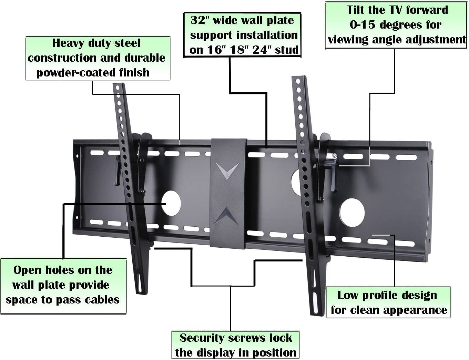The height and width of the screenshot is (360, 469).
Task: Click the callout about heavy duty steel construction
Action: tap(98, 58)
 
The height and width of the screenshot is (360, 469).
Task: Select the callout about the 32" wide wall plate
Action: tap(242, 35)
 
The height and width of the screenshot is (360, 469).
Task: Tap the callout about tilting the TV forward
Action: tap(396, 25)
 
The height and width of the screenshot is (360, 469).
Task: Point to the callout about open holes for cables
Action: tap(63, 285)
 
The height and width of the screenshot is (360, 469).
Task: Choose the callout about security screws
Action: tap(235, 345)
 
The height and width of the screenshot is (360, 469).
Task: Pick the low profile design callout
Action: tap(388, 302)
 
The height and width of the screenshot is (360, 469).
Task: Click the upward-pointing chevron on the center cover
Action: tap(227, 216)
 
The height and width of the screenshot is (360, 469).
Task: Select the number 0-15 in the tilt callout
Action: tap(362, 25)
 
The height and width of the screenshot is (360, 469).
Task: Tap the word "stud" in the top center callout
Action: tap(287, 50)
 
